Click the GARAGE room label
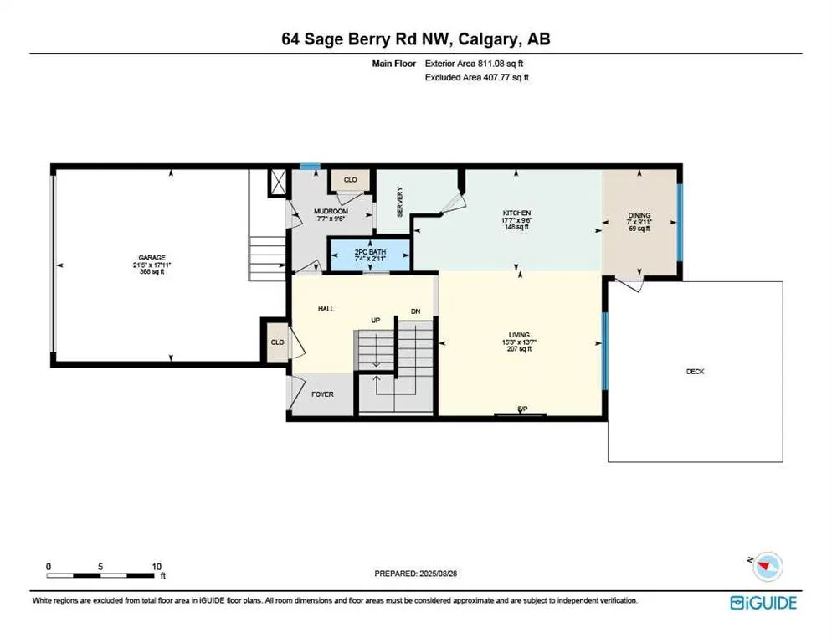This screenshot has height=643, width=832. tap(152, 258)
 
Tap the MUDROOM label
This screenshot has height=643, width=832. tap(331, 212)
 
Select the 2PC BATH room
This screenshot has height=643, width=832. tap(370, 253)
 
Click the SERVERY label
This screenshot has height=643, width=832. tap(400, 202)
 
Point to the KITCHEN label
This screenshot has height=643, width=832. tap(516, 213)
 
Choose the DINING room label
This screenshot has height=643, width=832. tap(639, 215)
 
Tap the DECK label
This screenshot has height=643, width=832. tap(695, 371)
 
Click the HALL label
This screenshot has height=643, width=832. tap(326, 309)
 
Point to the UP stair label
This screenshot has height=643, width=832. tap(376, 320)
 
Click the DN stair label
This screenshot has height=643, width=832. tap(415, 311)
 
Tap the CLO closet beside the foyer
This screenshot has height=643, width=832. tap(276, 342)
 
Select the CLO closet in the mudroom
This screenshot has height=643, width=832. tap(350, 179)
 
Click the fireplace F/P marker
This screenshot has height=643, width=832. tap(522, 409)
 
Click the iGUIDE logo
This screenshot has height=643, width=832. tap(763, 602)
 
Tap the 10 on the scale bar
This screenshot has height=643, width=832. tap(157, 566)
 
